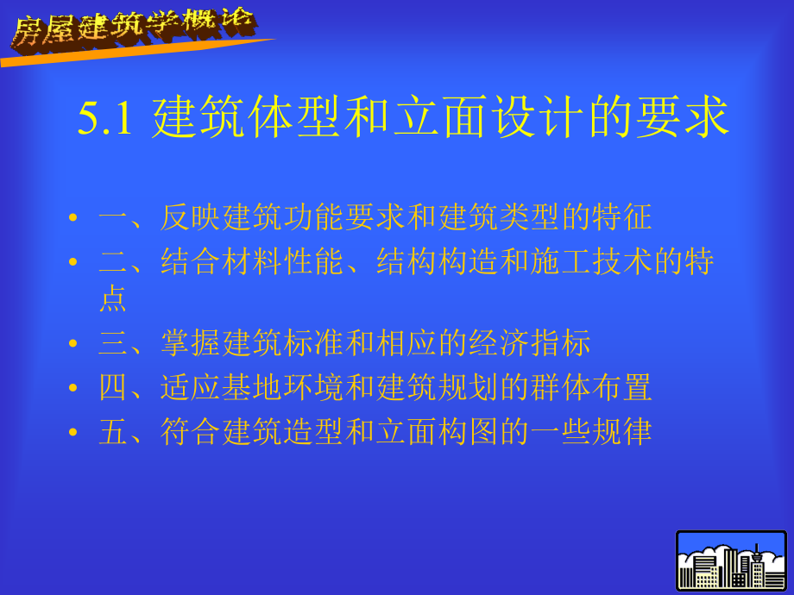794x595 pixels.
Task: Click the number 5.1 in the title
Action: [x=104, y=119]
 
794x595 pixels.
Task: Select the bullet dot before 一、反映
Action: [x=73, y=219]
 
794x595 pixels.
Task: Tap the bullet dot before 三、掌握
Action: [x=73, y=344]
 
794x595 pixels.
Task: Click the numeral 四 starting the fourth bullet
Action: [x=113, y=388]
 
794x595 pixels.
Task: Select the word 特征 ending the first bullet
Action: [x=621, y=218]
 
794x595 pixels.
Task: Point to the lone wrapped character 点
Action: [x=113, y=299]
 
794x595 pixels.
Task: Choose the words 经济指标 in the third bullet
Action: [x=532, y=343]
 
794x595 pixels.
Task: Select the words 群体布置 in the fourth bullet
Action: [x=594, y=388]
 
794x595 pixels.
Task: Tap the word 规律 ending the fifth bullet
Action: [x=621, y=432]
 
